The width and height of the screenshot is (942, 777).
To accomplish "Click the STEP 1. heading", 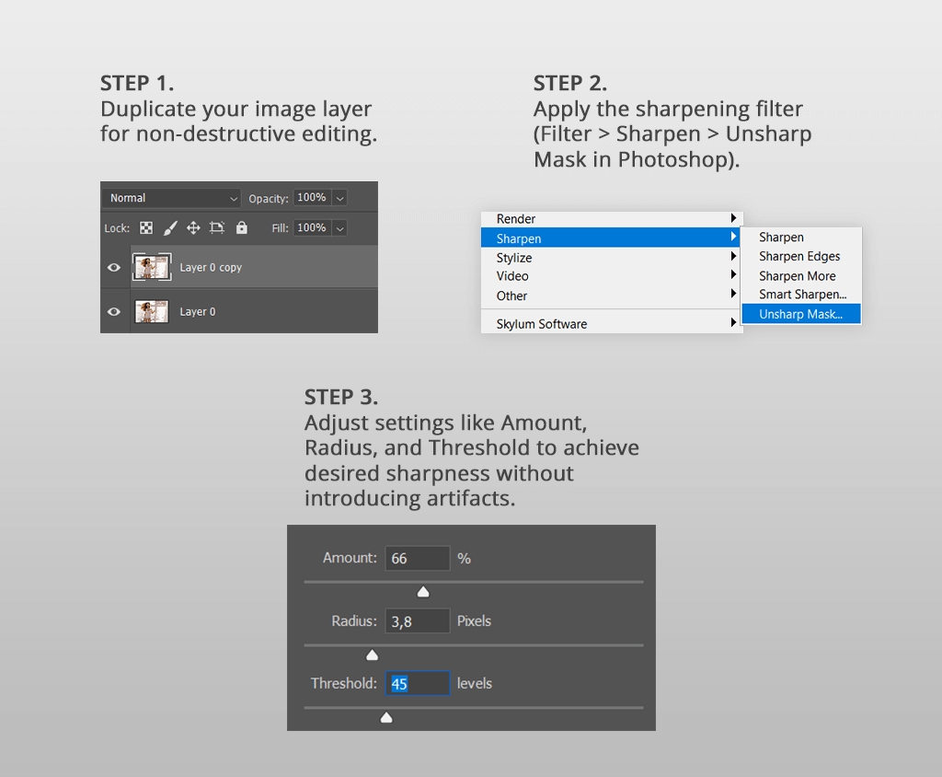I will pyautogui.click(x=137, y=83).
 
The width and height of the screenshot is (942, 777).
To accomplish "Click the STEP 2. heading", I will pyautogui.click(x=570, y=83).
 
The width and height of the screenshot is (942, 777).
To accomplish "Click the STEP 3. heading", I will pyautogui.click(x=341, y=398).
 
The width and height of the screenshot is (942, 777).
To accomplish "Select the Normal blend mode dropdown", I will pyautogui.click(x=173, y=198).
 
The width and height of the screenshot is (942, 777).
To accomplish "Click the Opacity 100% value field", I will pyautogui.click(x=312, y=198).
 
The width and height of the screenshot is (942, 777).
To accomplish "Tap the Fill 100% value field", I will pyautogui.click(x=312, y=227).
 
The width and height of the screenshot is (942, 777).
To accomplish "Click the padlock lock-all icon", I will pyautogui.click(x=242, y=227).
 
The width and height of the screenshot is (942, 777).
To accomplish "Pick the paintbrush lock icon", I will pyautogui.click(x=170, y=227).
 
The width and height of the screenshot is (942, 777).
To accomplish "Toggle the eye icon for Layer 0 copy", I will pyautogui.click(x=114, y=267).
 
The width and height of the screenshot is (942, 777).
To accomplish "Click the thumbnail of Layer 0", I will pyautogui.click(x=152, y=311).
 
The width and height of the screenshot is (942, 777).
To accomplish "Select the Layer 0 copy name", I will pyautogui.click(x=211, y=268).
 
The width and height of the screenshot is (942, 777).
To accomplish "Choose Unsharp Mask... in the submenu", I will pyautogui.click(x=800, y=314).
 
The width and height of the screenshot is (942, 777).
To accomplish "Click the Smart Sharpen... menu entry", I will pyautogui.click(x=802, y=295).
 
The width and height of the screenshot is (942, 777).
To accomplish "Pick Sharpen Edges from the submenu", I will pyautogui.click(x=799, y=257).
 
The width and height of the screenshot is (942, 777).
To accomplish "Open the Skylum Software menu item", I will pyautogui.click(x=542, y=324).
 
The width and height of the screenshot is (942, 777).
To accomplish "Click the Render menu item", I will pyautogui.click(x=516, y=219).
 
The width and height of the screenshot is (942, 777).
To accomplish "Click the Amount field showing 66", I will pyautogui.click(x=418, y=559).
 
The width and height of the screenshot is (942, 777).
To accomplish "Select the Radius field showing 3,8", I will pyautogui.click(x=418, y=621).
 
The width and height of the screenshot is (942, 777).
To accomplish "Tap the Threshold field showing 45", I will pyautogui.click(x=418, y=684).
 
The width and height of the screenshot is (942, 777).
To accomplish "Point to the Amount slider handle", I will pyautogui.click(x=423, y=592).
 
